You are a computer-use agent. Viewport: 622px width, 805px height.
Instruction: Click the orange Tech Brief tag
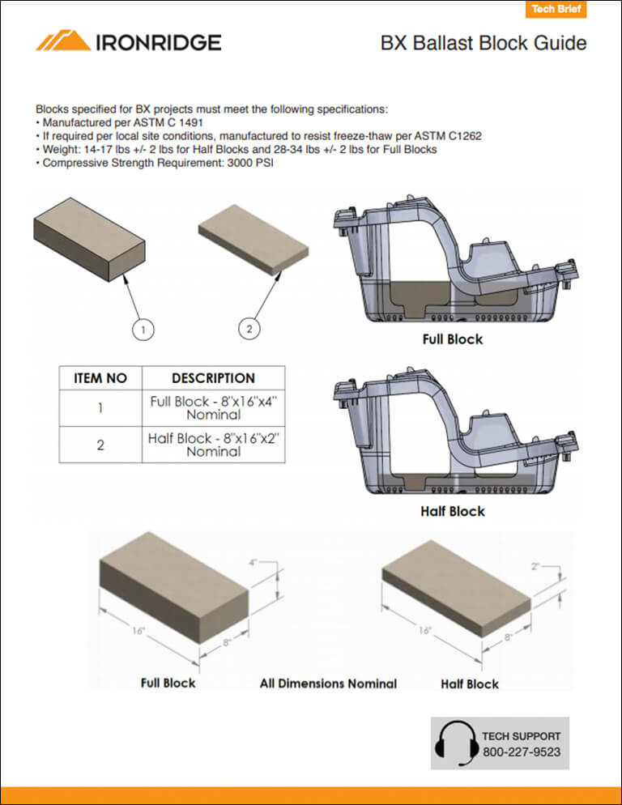(554, 10)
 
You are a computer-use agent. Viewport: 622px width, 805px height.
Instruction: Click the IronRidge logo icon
(63, 41)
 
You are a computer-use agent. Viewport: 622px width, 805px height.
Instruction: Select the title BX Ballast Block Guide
(484, 43)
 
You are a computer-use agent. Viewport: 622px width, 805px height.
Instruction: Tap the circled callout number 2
(249, 328)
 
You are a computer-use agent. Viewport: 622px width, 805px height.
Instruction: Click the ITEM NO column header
(100, 378)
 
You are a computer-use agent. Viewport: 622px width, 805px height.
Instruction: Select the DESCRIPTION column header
(213, 378)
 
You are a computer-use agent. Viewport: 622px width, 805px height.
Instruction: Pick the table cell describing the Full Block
(213, 407)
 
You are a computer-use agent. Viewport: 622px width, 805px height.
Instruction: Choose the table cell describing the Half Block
(213, 445)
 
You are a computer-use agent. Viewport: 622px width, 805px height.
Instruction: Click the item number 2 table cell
(100, 445)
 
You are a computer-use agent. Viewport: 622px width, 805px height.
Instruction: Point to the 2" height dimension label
(536, 567)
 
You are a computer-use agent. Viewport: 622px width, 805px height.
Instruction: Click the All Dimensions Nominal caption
(328, 684)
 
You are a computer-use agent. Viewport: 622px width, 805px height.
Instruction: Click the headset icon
(456, 743)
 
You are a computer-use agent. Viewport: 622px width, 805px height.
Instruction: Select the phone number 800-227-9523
(521, 752)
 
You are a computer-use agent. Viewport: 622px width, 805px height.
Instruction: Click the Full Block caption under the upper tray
(452, 339)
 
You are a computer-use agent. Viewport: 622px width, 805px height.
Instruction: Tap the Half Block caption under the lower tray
(452, 511)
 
